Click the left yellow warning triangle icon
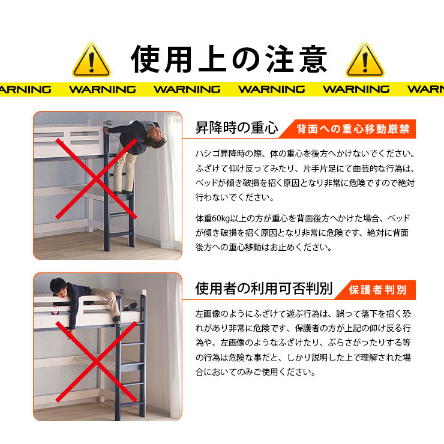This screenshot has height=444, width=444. pyautogui.click(x=91, y=60)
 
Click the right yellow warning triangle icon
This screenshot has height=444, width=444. pyautogui.click(x=365, y=60)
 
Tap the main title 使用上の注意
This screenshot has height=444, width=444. pyautogui.click(x=229, y=59)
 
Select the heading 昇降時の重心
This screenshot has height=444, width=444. pyautogui.click(x=237, y=128)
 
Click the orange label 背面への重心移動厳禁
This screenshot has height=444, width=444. pyautogui.click(x=353, y=129)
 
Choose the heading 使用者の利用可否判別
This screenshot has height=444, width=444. pyautogui.click(x=263, y=289)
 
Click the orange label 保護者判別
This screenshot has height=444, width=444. pyautogui.click(x=378, y=290)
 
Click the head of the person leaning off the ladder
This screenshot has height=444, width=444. pyautogui.click(x=155, y=137)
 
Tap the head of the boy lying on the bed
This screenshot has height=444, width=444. pyautogui.click(x=58, y=287)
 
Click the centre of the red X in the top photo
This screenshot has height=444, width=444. pyautogui.click(x=96, y=179)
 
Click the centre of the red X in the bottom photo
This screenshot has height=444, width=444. pyautogui.click(x=96, y=362)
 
